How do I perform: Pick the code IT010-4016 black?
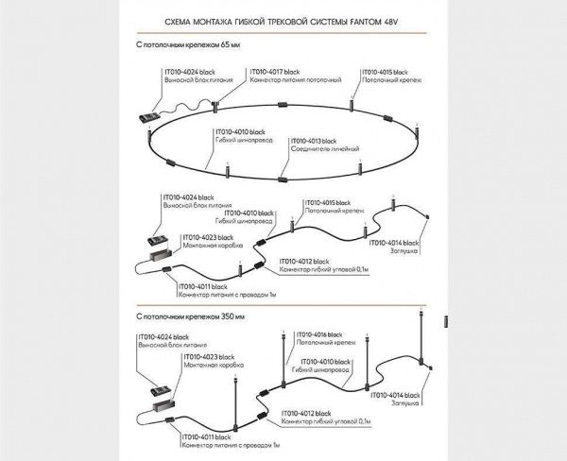tap(324, 333)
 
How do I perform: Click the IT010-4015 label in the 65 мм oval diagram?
tap(386, 72)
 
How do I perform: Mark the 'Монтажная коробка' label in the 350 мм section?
tap(201, 365)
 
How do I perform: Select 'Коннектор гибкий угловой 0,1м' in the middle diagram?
tap(326, 269)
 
